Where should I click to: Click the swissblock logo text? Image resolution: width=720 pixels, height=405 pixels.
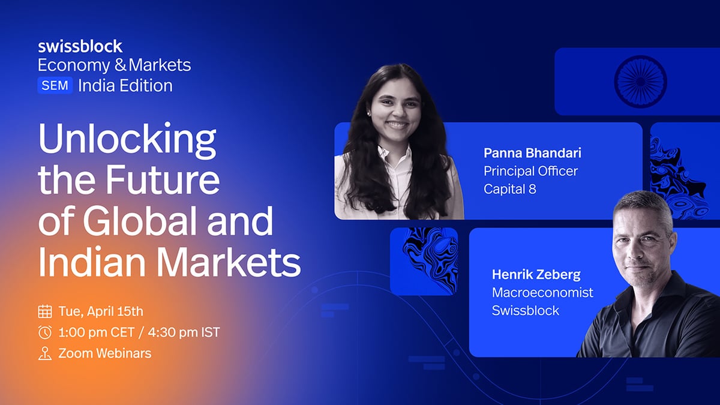80,46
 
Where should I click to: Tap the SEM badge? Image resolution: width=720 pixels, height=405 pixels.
55,85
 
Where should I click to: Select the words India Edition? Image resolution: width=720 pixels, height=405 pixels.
125,86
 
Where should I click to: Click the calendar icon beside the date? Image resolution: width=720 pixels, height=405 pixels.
45,311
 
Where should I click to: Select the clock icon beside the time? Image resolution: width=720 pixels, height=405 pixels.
45,332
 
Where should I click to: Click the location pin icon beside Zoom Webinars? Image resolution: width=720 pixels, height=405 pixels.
45,353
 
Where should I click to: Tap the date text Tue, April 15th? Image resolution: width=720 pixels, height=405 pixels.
101,311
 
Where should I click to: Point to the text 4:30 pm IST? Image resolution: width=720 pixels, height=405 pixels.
184,332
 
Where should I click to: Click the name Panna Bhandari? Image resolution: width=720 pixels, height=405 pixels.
532,153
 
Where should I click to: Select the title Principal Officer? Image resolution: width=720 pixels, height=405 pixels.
530,171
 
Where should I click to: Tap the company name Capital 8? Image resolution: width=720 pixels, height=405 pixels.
510,189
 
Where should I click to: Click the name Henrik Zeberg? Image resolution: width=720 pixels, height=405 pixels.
536,275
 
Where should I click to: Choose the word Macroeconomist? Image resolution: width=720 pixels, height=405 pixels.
542,293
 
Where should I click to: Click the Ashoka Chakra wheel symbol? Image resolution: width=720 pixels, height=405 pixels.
640,82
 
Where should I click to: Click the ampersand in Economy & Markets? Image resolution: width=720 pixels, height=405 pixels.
121,65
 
